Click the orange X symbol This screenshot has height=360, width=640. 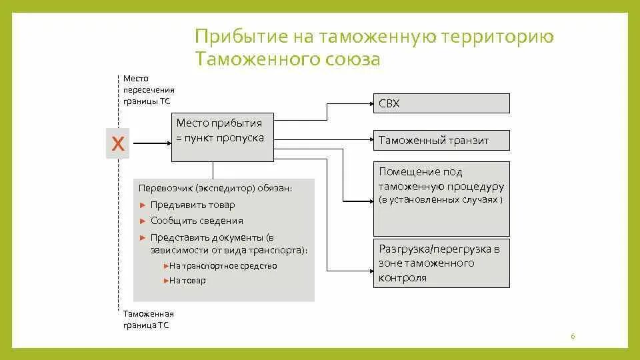[118, 143]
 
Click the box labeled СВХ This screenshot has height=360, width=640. [441, 103]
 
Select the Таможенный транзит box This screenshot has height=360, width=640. [441, 140]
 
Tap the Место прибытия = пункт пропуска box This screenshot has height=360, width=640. [223, 137]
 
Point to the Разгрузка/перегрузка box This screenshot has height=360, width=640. [441, 263]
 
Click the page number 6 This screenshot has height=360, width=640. [573, 337]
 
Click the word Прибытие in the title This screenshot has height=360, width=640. [245, 37]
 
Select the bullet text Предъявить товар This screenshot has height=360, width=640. [193, 205]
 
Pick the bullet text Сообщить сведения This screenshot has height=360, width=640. [197, 221]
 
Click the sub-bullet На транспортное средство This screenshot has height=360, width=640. [223, 265]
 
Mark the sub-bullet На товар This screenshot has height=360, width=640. [187, 281]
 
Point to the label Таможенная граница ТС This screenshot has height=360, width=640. [149, 319]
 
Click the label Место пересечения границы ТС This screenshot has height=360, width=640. [149, 89]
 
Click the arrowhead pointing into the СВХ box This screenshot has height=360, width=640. [369, 103]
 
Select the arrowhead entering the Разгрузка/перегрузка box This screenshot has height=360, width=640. [369, 270]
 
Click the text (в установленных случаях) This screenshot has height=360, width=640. [441, 200]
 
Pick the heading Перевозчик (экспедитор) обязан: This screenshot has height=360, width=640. [215, 189]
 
